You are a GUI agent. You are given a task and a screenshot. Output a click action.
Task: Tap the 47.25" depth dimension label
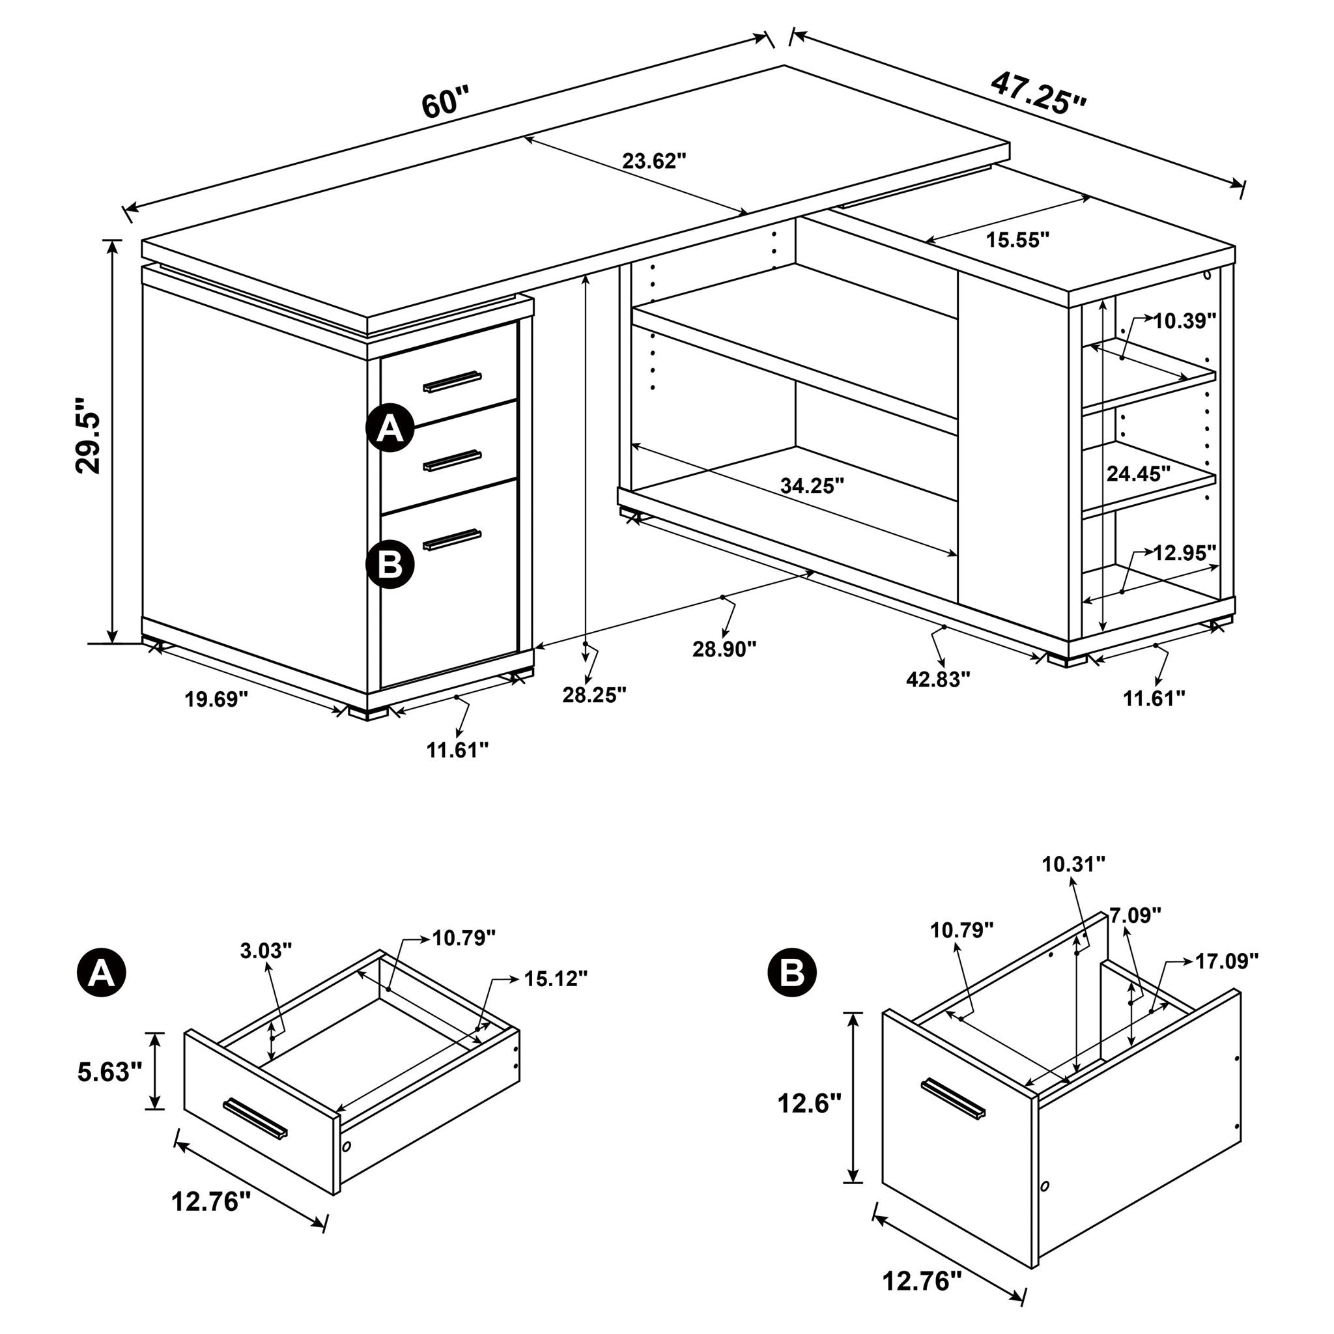pyautogui.click(x=1038, y=93)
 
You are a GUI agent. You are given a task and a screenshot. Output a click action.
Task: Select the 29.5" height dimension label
pyautogui.click(x=89, y=434)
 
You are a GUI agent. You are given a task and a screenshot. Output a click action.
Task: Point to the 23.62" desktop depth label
pyautogui.click(x=653, y=161)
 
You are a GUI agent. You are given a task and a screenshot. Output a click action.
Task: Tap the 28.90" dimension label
pyautogui.click(x=724, y=649)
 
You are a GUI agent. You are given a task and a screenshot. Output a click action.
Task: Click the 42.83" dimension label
pyautogui.click(x=938, y=679)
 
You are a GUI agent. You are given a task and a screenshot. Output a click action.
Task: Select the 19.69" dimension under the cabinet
pyautogui.click(x=216, y=700)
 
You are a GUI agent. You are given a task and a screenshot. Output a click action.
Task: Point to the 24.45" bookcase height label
pyautogui.click(x=1138, y=474)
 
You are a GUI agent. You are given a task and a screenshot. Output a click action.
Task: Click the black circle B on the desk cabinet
pyautogui.click(x=390, y=564)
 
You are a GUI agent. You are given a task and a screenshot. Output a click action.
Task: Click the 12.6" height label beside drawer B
pyautogui.click(x=809, y=1103)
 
